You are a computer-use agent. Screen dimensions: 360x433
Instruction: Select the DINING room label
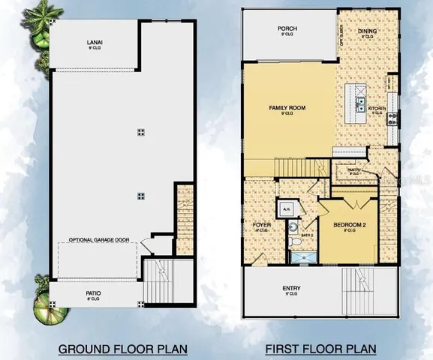[367, 31]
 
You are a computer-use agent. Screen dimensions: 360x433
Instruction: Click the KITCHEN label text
[377, 109]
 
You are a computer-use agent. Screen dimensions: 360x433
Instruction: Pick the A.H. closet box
[286, 209]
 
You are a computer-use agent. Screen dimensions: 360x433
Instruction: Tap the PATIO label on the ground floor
[93, 293]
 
